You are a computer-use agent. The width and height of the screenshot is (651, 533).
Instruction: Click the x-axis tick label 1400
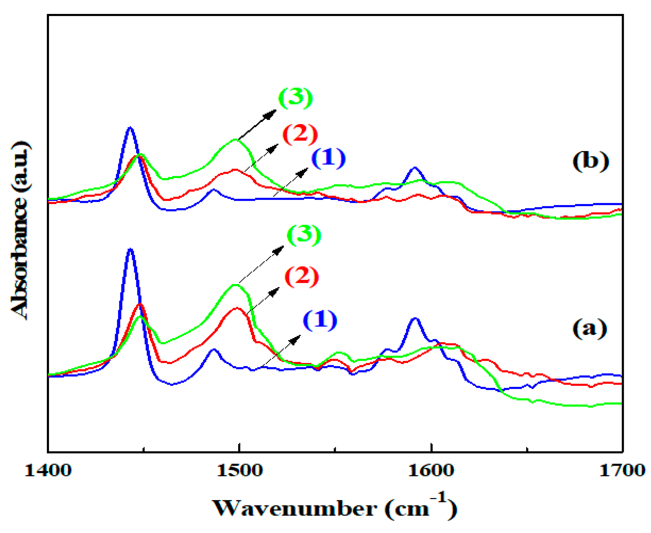click(x=48, y=471)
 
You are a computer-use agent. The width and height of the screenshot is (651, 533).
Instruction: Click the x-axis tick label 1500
click(x=240, y=471)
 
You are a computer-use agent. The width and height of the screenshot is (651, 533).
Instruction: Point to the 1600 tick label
click(x=431, y=471)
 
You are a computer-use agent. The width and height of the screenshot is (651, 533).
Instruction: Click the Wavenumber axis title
click(x=335, y=508)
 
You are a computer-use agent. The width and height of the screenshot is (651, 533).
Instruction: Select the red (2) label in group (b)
click(x=299, y=134)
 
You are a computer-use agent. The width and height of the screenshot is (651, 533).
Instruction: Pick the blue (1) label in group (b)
click(x=329, y=158)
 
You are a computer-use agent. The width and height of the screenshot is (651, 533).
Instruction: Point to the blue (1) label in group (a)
click(x=320, y=320)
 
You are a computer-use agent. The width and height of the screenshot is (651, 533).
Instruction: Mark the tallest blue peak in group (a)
click(x=131, y=249)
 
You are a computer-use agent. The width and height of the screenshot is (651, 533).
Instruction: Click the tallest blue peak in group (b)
click(x=130, y=127)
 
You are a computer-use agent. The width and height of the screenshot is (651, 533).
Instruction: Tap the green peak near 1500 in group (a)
click(x=235, y=285)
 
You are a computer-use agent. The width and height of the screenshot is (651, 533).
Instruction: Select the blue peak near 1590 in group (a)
click(x=415, y=318)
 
